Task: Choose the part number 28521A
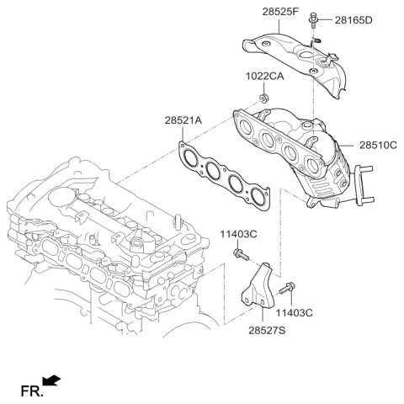tap(183, 121)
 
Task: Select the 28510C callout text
tap(378, 145)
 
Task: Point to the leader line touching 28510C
tap(352, 145)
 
